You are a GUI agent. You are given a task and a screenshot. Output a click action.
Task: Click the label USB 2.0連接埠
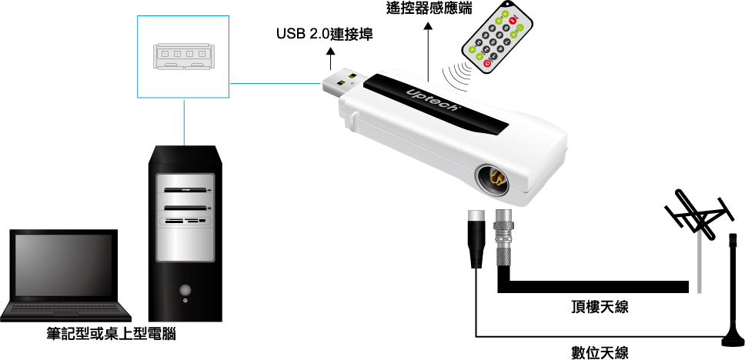click(325, 34)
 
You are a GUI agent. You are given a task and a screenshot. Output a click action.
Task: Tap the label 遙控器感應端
click(430, 7)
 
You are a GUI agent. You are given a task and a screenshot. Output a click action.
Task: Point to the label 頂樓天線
click(600, 307)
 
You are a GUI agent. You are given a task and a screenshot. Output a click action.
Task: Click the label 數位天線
click(600, 353)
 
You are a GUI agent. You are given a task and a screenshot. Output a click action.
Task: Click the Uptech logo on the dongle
click(433, 98)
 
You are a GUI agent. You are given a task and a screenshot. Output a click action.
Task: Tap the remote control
click(497, 37)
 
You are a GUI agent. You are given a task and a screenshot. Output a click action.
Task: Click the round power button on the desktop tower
click(185, 288)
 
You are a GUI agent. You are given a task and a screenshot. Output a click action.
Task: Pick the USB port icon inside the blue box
click(183, 56)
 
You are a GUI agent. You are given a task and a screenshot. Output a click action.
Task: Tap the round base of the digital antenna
click(733, 340)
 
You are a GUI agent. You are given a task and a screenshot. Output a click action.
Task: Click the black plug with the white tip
click(476, 238)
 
